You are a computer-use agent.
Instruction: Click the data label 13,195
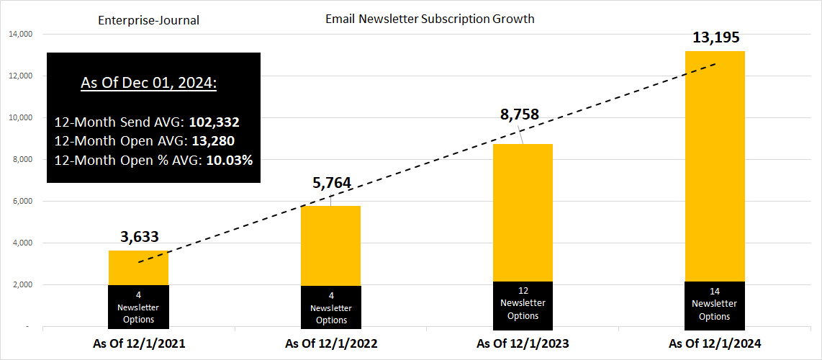[x=715, y=37]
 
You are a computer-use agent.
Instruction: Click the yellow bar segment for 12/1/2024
[x=715, y=166]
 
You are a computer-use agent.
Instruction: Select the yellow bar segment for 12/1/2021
[x=138, y=268]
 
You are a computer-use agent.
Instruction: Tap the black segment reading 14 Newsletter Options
[x=715, y=303]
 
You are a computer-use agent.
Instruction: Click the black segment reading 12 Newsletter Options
[x=523, y=303]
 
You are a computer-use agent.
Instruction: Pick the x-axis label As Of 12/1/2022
[x=331, y=343]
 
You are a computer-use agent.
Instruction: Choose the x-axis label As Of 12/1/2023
[x=523, y=343]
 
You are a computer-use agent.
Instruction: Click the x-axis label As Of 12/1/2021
[x=139, y=343]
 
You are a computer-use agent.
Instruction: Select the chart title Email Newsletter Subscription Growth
[x=430, y=19]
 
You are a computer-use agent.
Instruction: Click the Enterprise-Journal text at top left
[x=148, y=20]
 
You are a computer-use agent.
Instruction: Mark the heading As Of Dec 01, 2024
[x=149, y=83]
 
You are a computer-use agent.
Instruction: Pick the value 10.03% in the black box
[x=229, y=160]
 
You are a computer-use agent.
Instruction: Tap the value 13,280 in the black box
[x=213, y=141]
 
